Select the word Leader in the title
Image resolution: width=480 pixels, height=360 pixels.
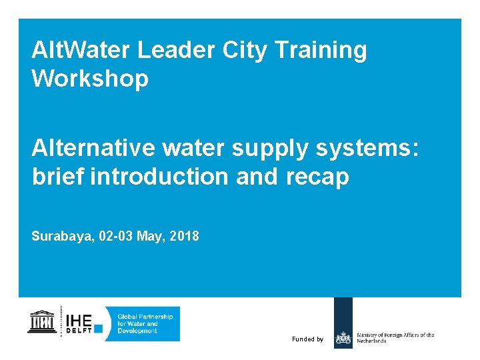pos(169,50)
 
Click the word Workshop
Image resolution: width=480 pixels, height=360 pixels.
pos(89,79)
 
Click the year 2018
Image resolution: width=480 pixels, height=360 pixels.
pos(184,236)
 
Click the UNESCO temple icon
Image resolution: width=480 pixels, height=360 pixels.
pos(42,322)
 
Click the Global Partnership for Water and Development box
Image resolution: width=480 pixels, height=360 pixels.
pos(145,323)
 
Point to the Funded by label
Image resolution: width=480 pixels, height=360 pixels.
pos(307,339)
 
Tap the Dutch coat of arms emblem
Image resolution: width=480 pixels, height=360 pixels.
pos(343,339)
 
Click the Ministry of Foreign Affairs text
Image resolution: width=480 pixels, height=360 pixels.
pos(395,337)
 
